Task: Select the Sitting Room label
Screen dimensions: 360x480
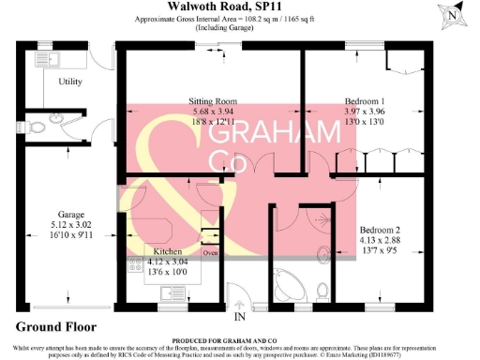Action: (x=213, y=101)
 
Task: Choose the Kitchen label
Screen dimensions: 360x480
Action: (x=169, y=251)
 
